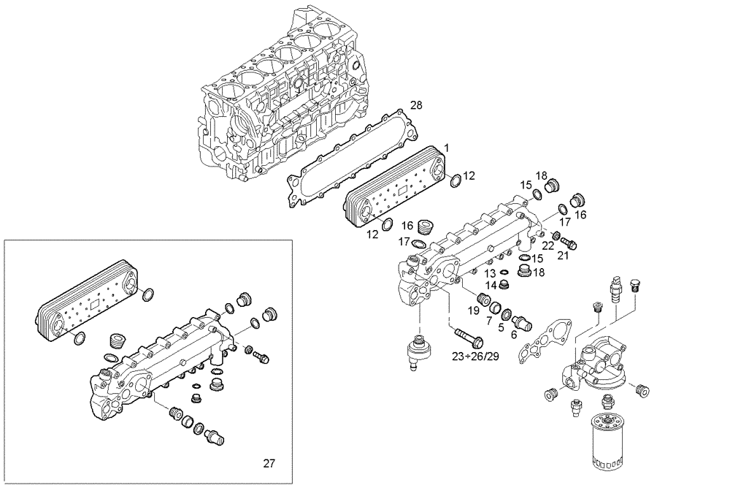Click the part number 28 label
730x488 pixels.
point(416,106)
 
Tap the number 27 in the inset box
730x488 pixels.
point(269,462)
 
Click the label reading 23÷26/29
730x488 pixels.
point(475,357)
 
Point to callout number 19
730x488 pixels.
point(474,310)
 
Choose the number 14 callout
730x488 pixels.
point(491,284)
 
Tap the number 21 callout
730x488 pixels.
point(562,254)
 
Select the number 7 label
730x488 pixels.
point(488,321)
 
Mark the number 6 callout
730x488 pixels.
point(513,335)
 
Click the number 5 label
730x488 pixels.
point(501,327)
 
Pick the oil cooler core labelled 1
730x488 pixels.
point(395,186)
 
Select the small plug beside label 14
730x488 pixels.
point(503,284)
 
